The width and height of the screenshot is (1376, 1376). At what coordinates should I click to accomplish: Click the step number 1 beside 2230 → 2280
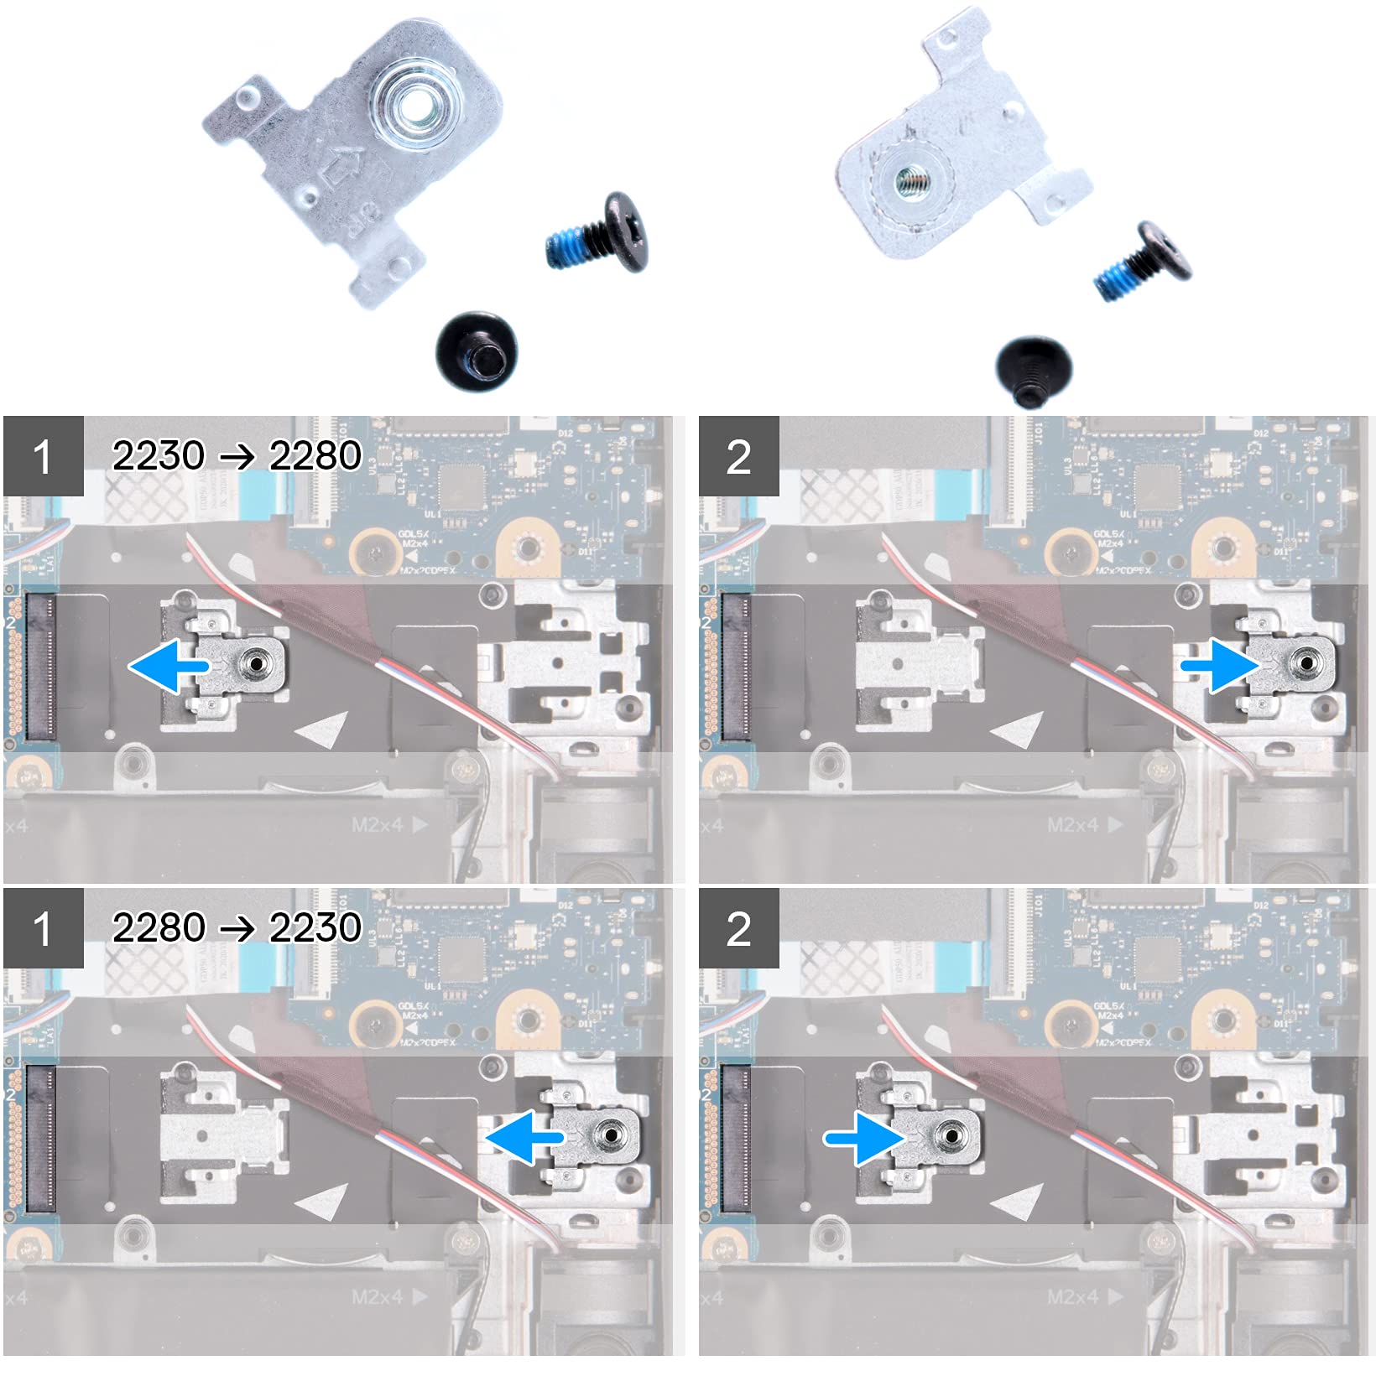(43, 457)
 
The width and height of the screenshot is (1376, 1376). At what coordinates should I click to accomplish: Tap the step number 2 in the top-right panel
(738, 457)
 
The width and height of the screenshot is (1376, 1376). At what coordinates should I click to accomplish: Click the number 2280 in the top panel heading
(315, 455)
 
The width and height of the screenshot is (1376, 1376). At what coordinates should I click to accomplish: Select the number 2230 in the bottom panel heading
(315, 927)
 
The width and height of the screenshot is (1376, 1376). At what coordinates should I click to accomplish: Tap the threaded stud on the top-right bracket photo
(905, 178)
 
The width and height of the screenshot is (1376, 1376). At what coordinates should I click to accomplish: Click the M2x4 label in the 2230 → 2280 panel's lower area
(378, 825)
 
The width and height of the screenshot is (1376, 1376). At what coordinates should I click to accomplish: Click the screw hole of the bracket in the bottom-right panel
(950, 1135)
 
